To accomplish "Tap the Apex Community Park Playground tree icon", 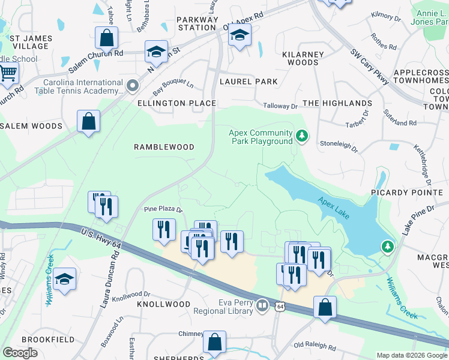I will point(303,137).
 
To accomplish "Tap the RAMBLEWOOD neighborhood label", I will point(164,147).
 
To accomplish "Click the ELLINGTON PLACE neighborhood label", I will point(176,103).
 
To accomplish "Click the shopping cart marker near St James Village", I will point(7,74).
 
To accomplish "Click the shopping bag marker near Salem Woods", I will point(88,122).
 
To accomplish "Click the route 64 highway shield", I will point(280,306).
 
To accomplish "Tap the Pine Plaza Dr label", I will point(162,209).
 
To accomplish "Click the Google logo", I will point(20,353).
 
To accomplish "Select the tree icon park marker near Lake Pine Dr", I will point(388,247).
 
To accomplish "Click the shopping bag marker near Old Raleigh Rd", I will point(325,307).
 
